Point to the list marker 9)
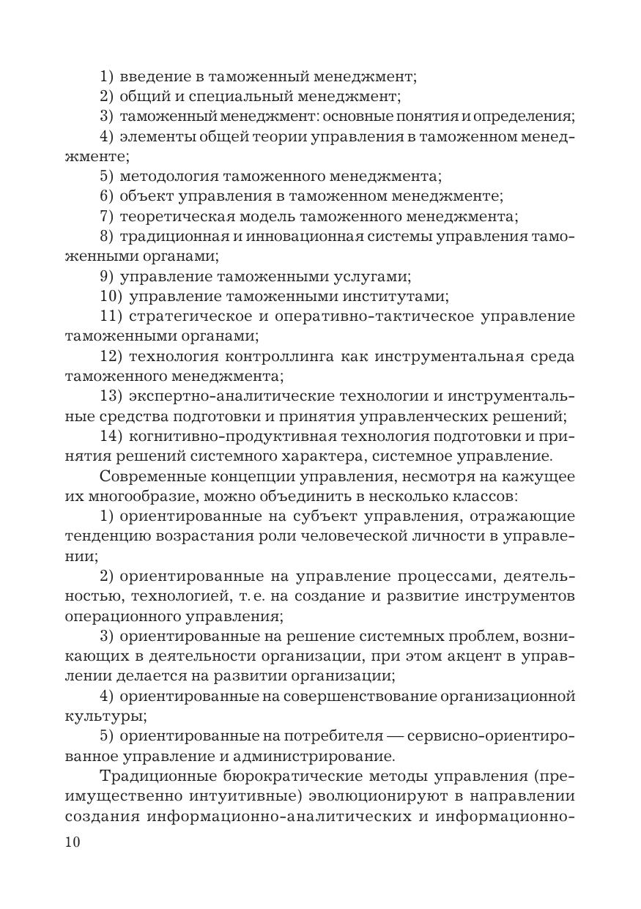coord(106,276)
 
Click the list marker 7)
coord(106,216)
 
